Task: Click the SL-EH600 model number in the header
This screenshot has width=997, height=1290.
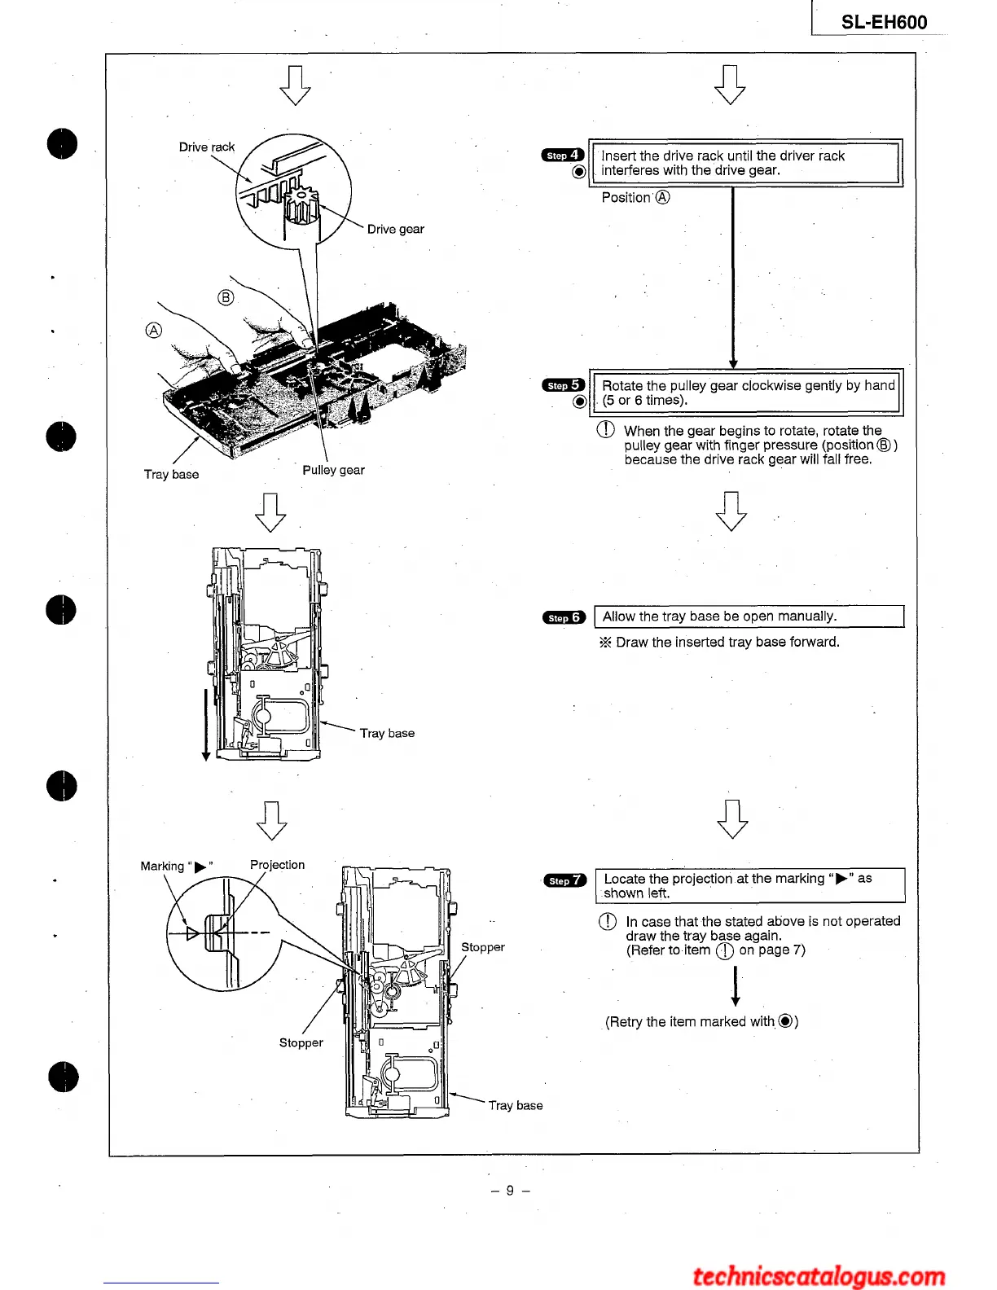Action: [x=884, y=22]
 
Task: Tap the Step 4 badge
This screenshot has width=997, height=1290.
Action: [x=563, y=155]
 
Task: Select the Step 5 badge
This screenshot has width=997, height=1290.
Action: [x=563, y=385]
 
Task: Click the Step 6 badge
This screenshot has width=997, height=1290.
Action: [x=564, y=617]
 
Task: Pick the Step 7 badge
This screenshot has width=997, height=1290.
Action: [x=564, y=880]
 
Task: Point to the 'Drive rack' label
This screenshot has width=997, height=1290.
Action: [x=207, y=147]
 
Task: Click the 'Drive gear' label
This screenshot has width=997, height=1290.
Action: [x=395, y=229]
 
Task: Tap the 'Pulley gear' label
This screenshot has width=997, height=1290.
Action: [x=333, y=470]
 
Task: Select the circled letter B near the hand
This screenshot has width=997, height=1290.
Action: [x=226, y=297]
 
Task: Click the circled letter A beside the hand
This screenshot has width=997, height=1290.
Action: [x=153, y=330]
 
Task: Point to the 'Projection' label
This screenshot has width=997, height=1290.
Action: [x=277, y=865]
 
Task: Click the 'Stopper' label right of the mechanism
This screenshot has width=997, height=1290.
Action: [x=482, y=947]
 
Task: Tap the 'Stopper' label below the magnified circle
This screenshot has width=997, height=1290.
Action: [x=301, y=1042]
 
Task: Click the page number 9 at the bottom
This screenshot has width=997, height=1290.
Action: [x=510, y=1190]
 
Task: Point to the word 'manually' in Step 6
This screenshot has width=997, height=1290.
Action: [x=806, y=616]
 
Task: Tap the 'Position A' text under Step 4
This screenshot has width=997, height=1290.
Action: [x=635, y=197]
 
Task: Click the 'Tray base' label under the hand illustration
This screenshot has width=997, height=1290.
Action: [x=171, y=474]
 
